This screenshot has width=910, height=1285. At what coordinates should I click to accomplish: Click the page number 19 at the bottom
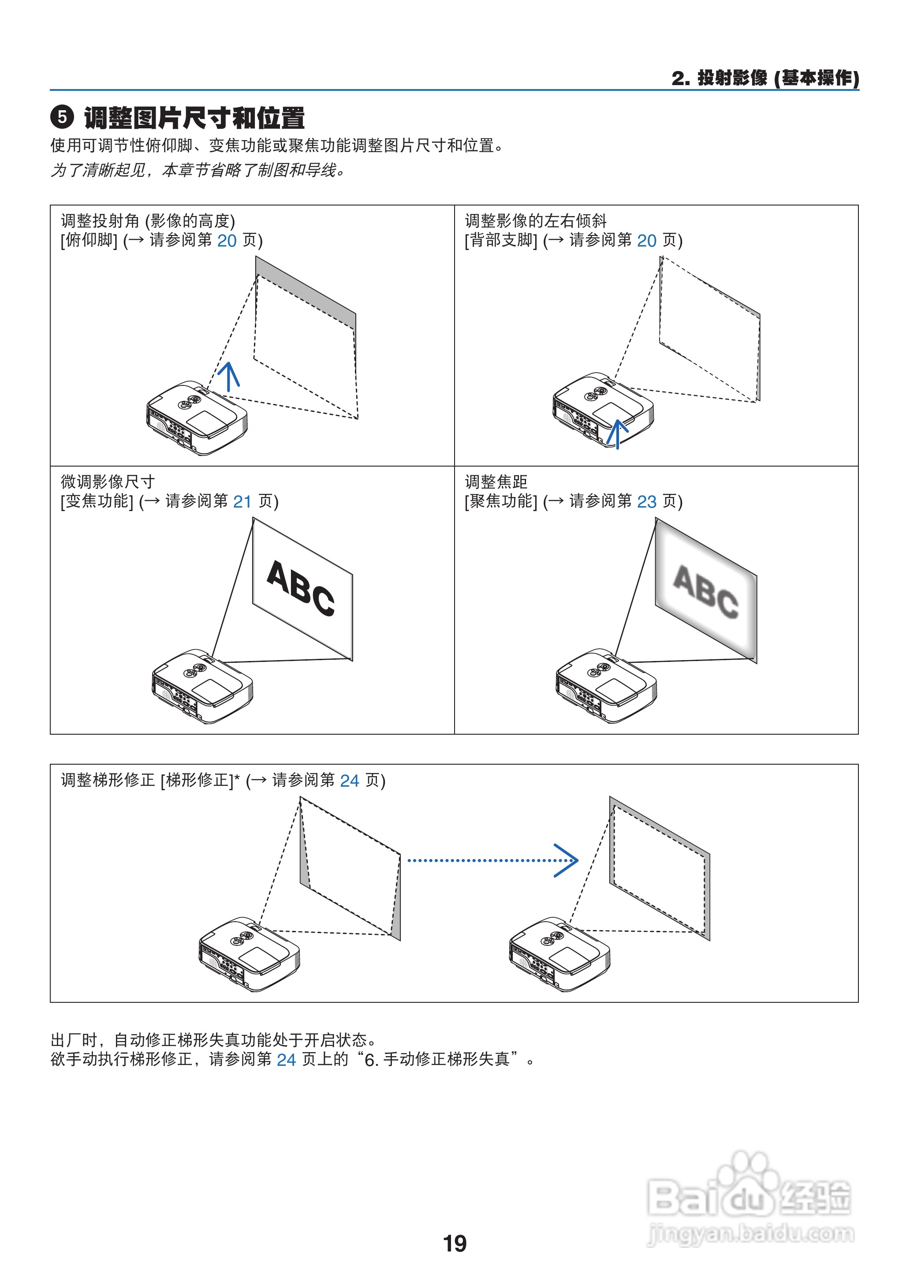455,1244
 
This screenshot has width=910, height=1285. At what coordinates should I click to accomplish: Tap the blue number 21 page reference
242,501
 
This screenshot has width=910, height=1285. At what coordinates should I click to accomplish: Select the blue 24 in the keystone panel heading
349,781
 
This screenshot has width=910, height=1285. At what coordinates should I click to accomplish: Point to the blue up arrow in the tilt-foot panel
229,376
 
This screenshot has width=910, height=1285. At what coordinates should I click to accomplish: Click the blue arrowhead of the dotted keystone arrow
567,860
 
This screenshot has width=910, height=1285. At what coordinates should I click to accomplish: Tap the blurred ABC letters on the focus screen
705,592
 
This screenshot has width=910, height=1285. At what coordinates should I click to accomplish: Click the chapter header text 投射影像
732,78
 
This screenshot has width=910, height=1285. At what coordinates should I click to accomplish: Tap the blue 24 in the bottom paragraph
286,1060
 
